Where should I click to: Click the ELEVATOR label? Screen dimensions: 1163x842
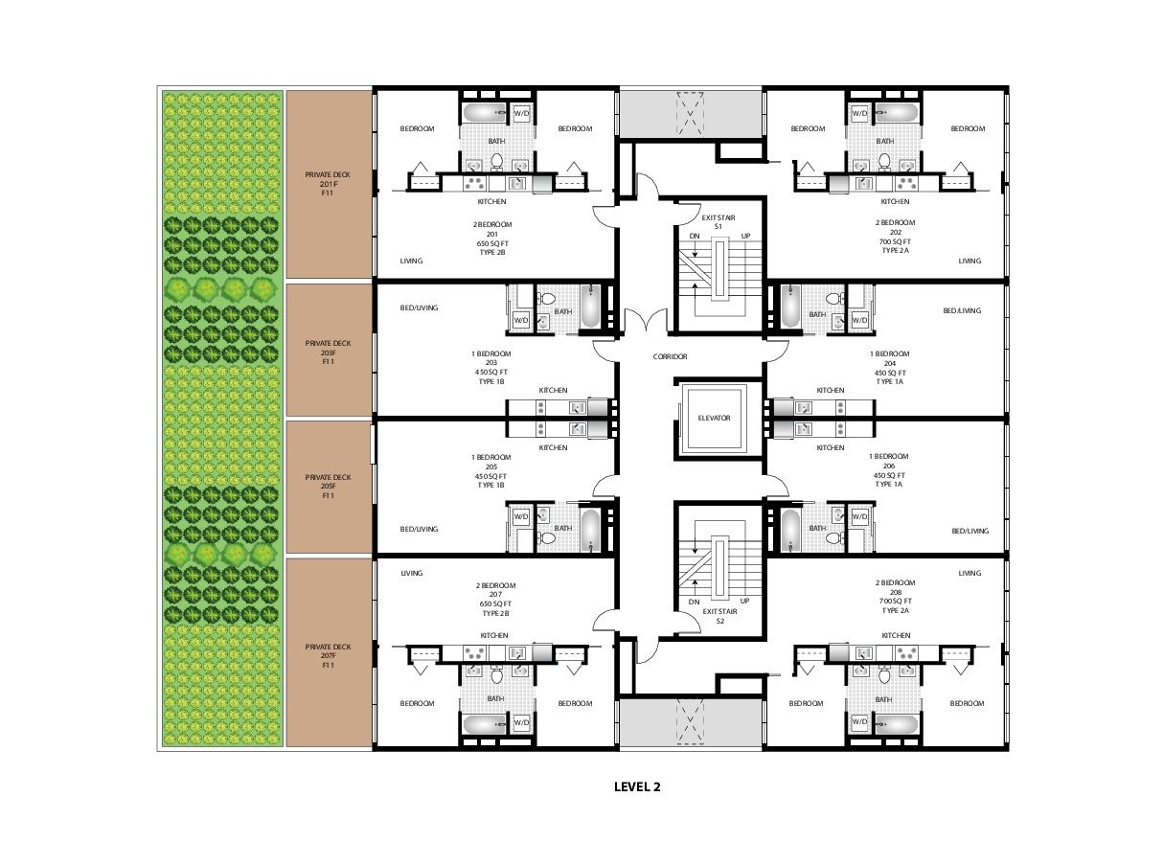pos(714,418)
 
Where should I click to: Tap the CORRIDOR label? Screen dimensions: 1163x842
pos(670,356)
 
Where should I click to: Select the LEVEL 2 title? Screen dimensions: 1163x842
pos(637,786)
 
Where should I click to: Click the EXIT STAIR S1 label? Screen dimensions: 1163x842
pos(718,222)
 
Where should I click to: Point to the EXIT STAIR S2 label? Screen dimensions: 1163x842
pos(719,616)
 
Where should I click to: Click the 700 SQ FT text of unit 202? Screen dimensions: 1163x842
pos(895,241)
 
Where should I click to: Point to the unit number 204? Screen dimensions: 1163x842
pos(889,363)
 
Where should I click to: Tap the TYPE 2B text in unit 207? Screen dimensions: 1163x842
pos(495,613)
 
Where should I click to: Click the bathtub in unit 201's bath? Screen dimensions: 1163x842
pos(485,113)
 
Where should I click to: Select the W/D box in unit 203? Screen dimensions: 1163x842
pos(520,320)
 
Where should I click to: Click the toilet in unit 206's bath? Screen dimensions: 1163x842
pos(834,537)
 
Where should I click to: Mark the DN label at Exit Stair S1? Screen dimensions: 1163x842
pos(695,237)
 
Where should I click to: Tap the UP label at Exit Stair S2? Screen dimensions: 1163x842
pos(745,601)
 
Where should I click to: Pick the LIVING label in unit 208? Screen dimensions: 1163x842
pos(969,573)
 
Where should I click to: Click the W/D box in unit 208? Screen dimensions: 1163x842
pos(859,721)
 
